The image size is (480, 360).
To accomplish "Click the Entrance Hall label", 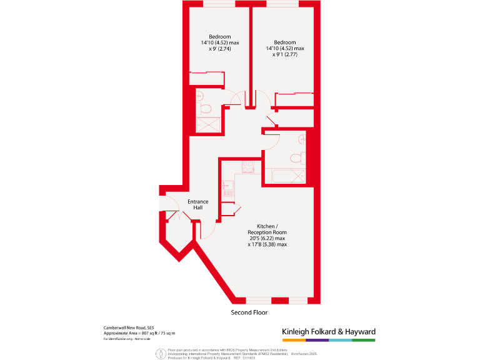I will (197, 204).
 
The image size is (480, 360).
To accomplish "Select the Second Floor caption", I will (249, 312).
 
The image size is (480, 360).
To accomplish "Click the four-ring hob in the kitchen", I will (247, 167).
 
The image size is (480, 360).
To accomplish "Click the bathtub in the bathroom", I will (285, 176).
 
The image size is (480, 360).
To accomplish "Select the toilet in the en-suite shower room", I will (206, 109).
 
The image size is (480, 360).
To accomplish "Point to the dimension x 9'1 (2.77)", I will (284, 55).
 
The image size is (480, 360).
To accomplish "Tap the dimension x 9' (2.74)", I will (216, 49).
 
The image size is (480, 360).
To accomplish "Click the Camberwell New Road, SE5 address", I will (129, 327).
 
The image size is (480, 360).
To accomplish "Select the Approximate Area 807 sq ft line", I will (139, 333).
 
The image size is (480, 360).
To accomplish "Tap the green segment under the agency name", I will (364, 340).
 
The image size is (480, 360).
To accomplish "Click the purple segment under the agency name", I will (317, 340).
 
